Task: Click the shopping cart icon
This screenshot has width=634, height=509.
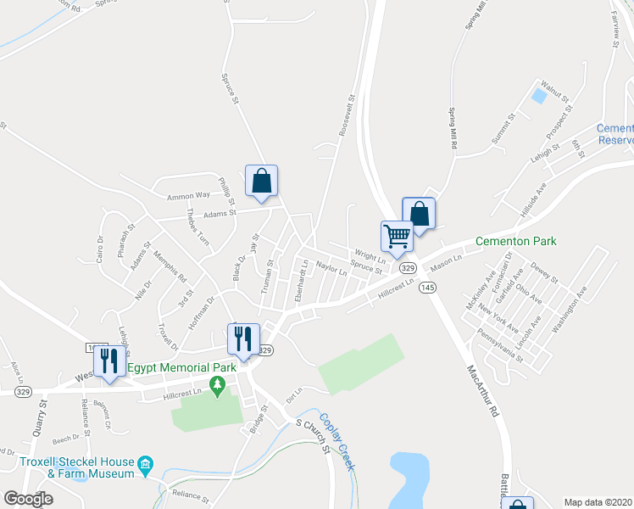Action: (x=397, y=236)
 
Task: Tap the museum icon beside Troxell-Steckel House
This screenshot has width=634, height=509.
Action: (x=145, y=463)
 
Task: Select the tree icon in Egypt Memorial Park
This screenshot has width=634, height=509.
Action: (x=218, y=388)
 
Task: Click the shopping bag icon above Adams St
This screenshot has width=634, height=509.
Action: (x=262, y=181)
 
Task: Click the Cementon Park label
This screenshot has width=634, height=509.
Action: (x=515, y=242)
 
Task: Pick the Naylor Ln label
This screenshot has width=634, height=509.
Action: (x=331, y=270)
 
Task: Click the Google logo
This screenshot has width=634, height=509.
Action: (x=28, y=499)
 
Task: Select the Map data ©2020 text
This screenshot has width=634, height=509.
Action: (x=597, y=502)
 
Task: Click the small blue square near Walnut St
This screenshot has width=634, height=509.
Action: (x=538, y=96)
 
